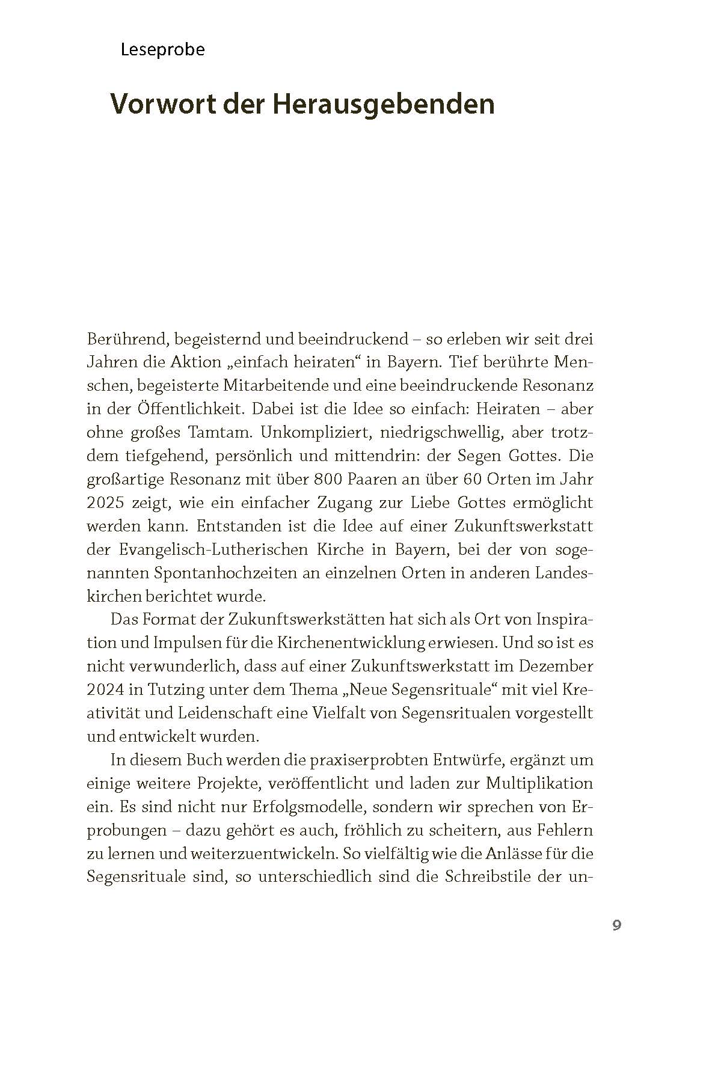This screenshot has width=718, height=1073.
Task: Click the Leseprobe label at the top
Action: tap(162, 50)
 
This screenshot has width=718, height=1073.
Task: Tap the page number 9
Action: tap(616, 925)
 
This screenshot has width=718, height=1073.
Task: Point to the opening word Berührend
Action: tap(126, 340)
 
